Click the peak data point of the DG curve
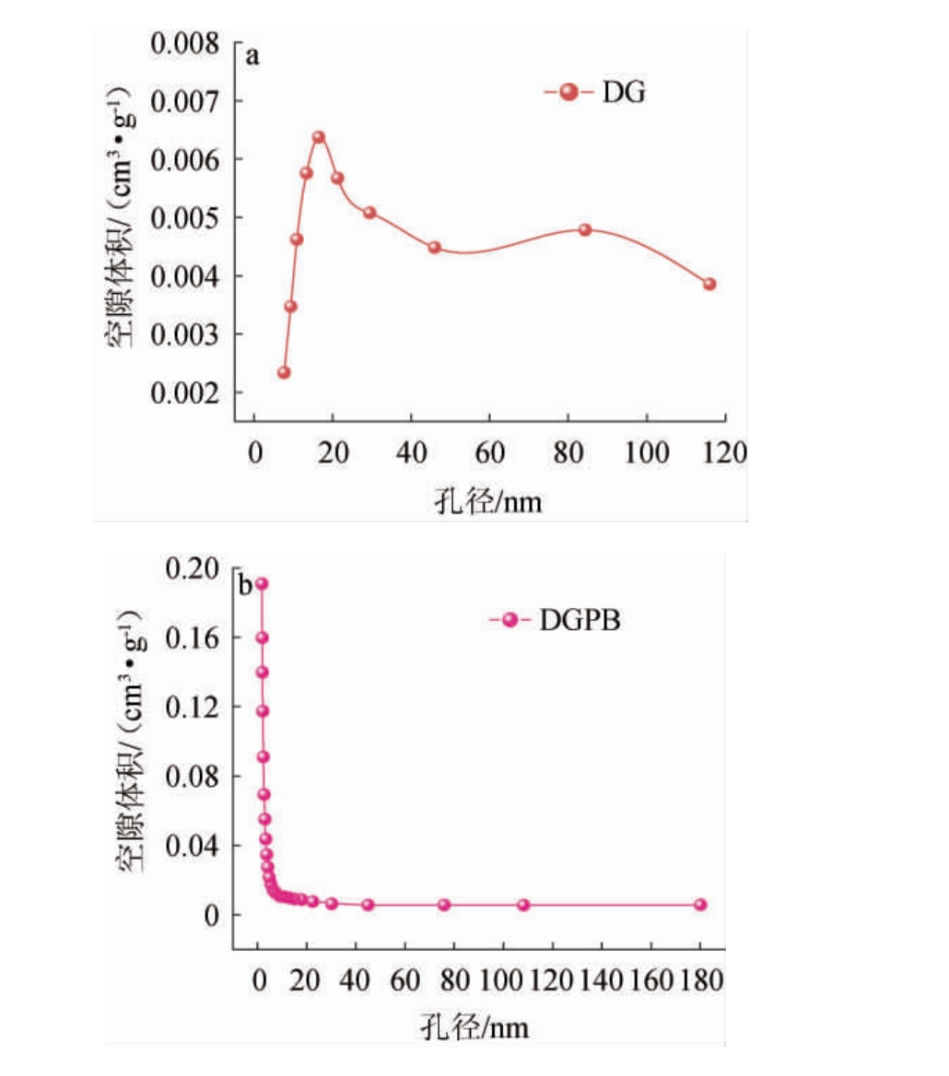(319, 137)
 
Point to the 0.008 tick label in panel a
(189, 43)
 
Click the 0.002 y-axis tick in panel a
(189, 392)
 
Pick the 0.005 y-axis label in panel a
(189, 218)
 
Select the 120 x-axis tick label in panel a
(723, 453)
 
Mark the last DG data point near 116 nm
(709, 284)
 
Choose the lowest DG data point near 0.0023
(284, 372)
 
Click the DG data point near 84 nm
(585, 229)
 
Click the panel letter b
(246, 586)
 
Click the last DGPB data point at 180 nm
(700, 905)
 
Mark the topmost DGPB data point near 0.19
(262, 584)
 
